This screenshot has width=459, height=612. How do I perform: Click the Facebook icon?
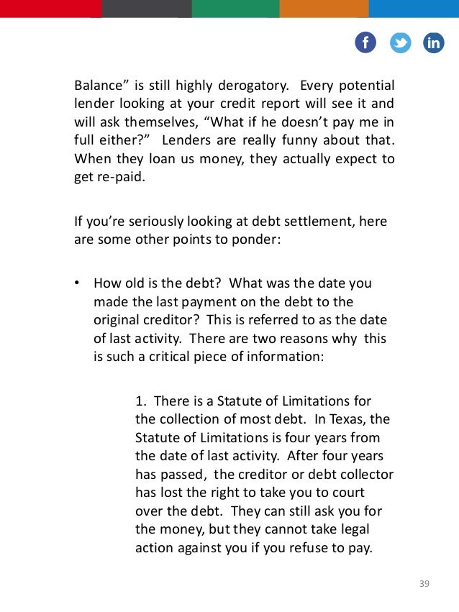[x=365, y=42]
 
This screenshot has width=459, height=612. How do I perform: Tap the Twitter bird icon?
[x=400, y=42]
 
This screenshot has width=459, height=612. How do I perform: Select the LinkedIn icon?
[x=434, y=42]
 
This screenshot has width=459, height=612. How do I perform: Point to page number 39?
[x=424, y=583]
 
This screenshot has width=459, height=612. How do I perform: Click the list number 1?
[x=140, y=400]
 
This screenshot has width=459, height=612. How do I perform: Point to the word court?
[x=348, y=493]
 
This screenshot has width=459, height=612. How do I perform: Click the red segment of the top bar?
[x=50, y=8]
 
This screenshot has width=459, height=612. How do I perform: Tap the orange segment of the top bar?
[x=324, y=8]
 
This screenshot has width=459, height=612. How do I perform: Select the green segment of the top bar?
[x=235, y=8]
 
